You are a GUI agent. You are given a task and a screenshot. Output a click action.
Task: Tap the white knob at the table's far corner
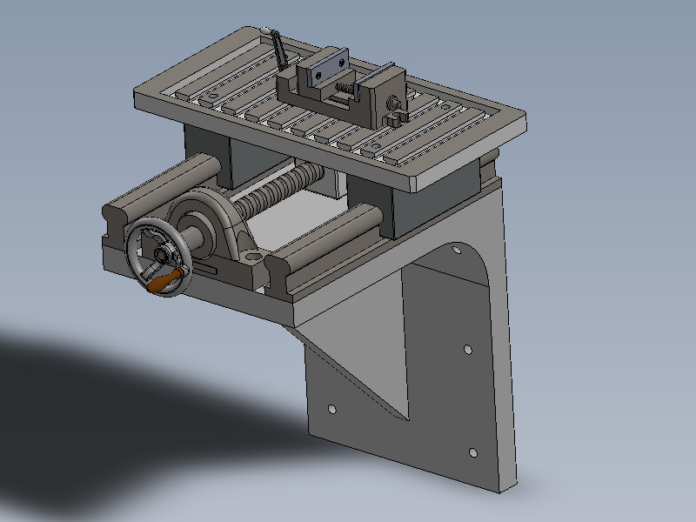coord(263,31)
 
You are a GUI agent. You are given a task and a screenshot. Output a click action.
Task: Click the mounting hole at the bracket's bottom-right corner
coord(472,452)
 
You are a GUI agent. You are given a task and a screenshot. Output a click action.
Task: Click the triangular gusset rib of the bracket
coord(357,365)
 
